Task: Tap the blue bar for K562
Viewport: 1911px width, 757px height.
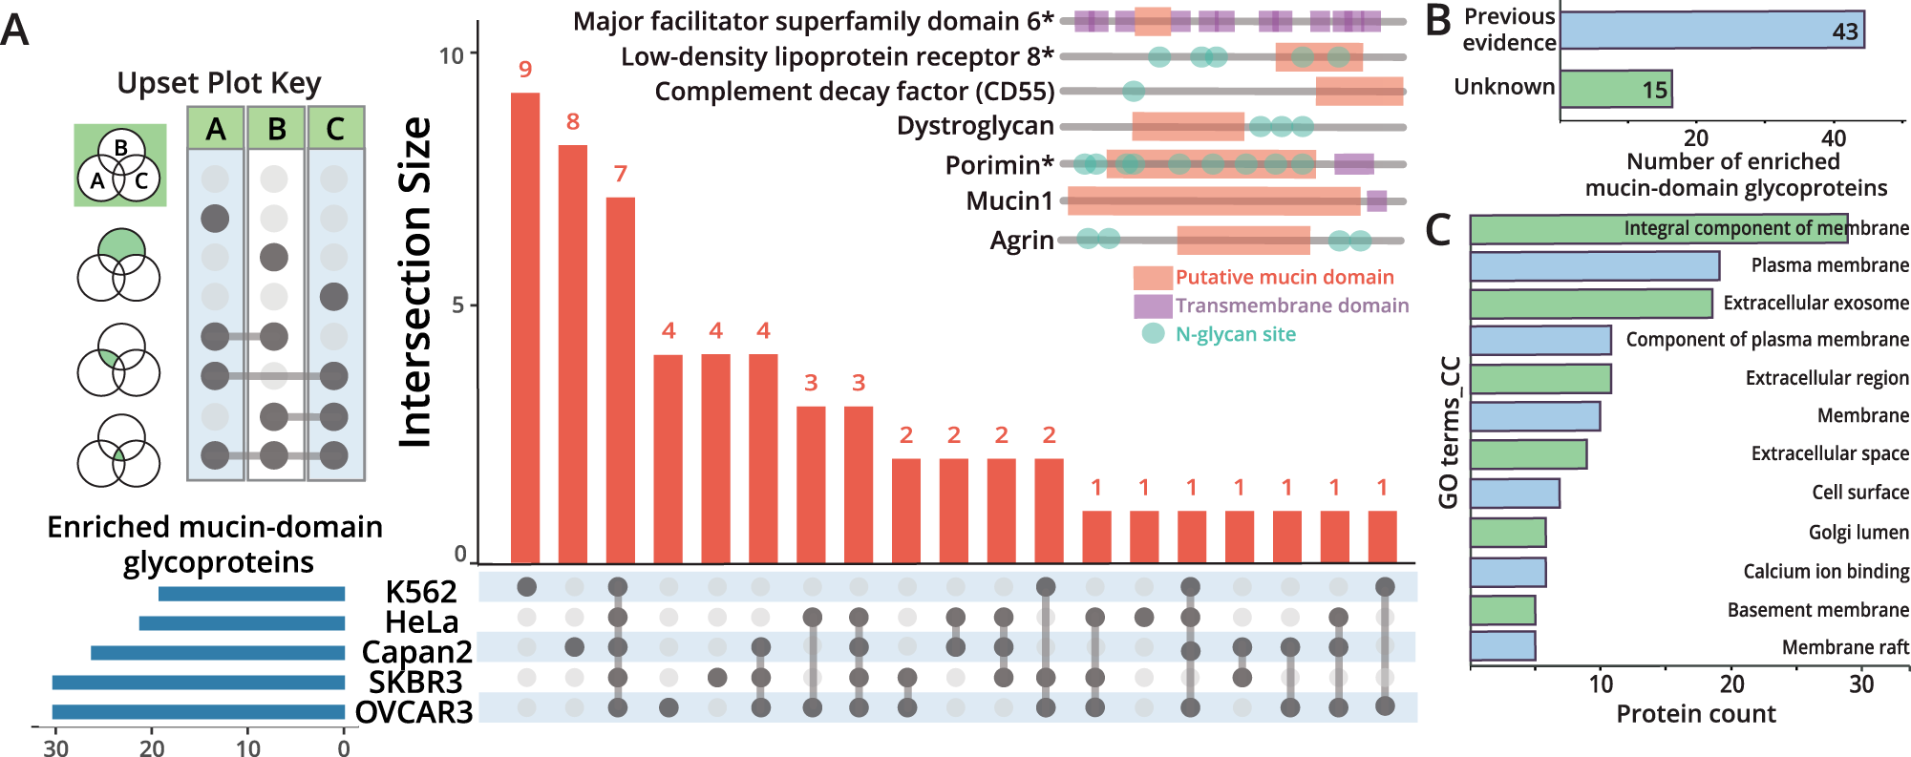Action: click(251, 594)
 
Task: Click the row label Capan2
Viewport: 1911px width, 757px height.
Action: click(416, 652)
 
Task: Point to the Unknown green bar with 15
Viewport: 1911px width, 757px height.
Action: click(1616, 89)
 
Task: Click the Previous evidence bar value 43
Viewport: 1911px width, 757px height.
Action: click(1844, 32)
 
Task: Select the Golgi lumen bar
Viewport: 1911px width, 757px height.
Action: click(1508, 533)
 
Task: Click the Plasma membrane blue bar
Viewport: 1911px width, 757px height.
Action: click(1594, 266)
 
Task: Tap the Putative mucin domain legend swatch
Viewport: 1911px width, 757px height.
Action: click(1153, 278)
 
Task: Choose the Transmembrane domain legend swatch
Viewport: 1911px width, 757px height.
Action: click(1153, 306)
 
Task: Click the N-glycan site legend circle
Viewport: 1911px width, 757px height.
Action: click(1153, 334)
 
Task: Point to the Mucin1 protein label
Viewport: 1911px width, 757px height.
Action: click(1009, 201)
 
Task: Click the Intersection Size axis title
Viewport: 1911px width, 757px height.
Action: click(415, 283)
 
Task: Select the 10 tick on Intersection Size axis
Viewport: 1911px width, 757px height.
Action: click(451, 55)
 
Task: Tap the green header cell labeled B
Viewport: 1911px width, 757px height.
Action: click(276, 129)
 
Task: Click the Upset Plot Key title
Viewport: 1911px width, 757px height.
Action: click(219, 83)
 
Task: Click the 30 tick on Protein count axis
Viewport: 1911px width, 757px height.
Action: click(1860, 684)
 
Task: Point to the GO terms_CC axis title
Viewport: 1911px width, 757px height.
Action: click(1449, 432)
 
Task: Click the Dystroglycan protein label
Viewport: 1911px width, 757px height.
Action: click(975, 126)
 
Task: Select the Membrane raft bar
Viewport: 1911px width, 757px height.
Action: click(1502, 646)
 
